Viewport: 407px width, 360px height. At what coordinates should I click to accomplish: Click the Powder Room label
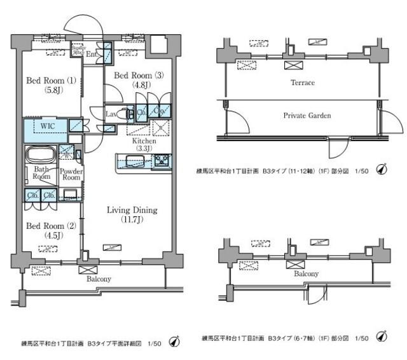70,174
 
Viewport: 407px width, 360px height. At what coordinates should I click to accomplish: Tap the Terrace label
302,83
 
